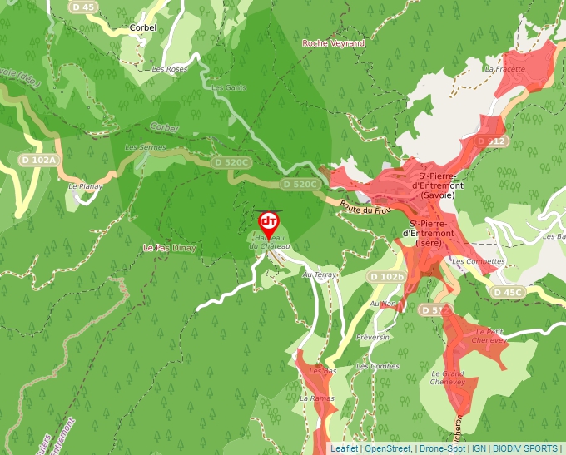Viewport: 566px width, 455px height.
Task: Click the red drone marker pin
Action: (x=268, y=222)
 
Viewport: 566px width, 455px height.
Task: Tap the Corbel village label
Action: (x=143, y=27)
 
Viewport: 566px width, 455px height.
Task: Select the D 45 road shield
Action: (x=83, y=7)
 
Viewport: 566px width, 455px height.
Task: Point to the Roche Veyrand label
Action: (x=333, y=43)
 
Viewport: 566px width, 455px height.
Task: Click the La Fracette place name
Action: (x=509, y=68)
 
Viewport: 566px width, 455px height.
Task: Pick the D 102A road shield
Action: (x=38, y=160)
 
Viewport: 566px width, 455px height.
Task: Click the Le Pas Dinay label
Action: (x=170, y=248)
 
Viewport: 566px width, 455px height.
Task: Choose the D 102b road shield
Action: (x=386, y=276)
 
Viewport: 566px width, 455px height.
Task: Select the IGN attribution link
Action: (x=479, y=448)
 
